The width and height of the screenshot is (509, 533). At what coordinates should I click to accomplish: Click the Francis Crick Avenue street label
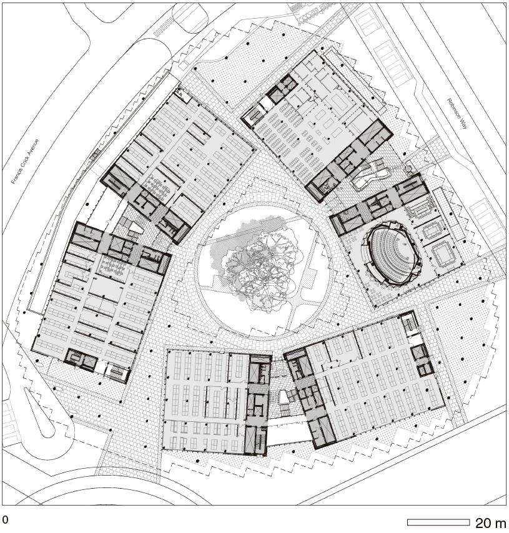click(x=26, y=162)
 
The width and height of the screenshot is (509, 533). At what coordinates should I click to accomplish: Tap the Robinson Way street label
click(x=457, y=114)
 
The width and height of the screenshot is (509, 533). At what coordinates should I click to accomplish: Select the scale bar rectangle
click(x=438, y=522)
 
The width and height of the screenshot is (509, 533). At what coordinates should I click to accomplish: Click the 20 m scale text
click(x=490, y=522)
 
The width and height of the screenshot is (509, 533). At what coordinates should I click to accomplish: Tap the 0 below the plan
click(x=5, y=519)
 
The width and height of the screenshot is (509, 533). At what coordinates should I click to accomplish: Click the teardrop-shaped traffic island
click(x=40, y=413)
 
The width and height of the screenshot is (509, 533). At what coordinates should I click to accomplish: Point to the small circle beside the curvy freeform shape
click(x=408, y=168)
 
